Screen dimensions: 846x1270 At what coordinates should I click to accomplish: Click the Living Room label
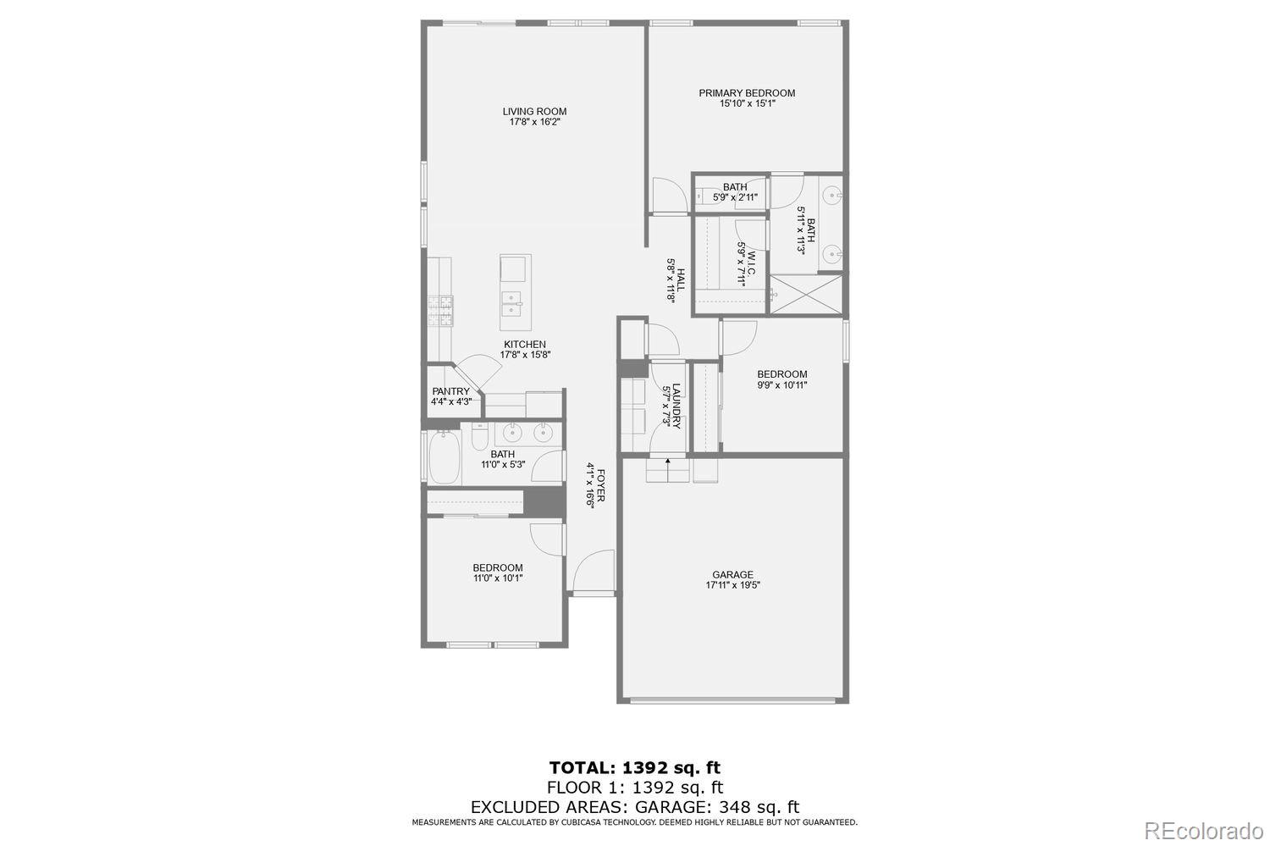534,111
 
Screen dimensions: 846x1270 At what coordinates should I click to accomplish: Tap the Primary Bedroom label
747,93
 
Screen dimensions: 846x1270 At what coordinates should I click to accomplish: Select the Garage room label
732,575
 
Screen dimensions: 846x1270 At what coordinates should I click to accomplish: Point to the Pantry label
450,391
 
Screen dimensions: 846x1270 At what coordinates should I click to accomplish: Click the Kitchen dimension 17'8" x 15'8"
525,355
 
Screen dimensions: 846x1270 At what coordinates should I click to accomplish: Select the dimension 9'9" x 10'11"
781,385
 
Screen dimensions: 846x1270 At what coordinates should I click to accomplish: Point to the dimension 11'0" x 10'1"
498,578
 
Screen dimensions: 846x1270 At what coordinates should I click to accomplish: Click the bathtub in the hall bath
443,459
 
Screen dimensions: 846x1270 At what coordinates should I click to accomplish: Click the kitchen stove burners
440,311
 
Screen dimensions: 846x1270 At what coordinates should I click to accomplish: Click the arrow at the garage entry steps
667,462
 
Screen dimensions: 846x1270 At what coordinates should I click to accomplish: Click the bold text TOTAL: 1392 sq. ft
635,768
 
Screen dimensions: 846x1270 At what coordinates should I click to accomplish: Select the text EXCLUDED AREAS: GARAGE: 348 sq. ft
635,807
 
